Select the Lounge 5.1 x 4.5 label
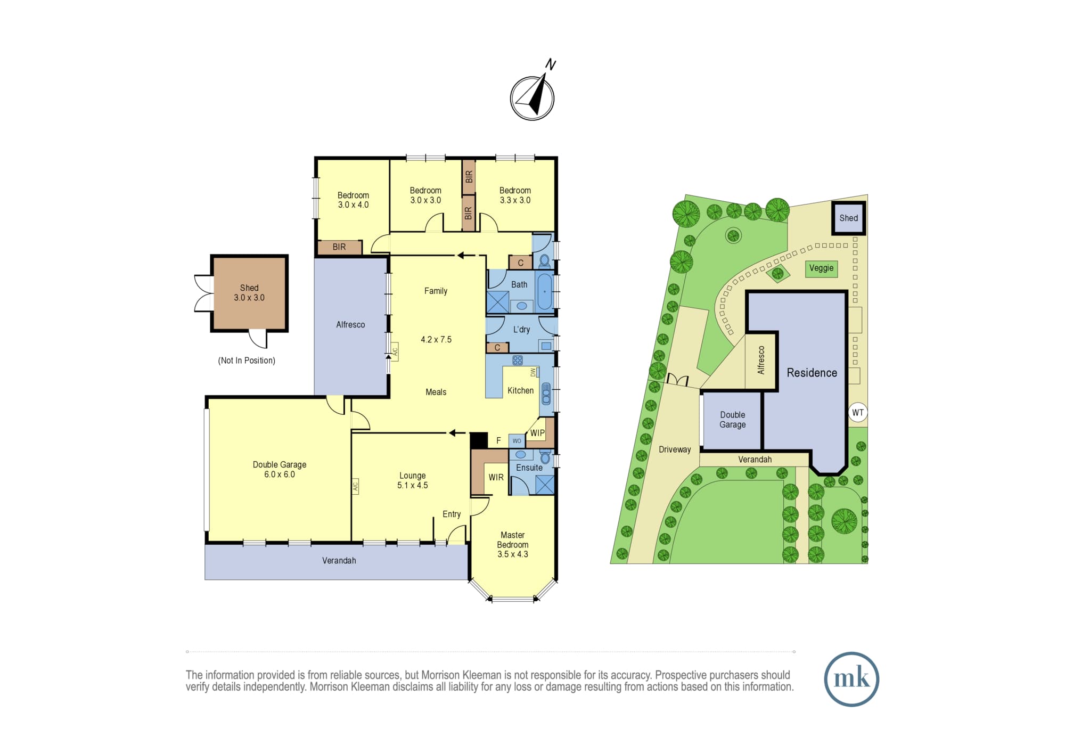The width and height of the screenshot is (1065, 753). click(x=413, y=480)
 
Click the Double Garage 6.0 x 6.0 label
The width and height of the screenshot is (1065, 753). click(x=280, y=469)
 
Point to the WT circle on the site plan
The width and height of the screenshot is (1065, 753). click(x=857, y=412)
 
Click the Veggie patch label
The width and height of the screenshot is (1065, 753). click(x=821, y=268)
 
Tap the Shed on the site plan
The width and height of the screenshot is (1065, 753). click(x=848, y=218)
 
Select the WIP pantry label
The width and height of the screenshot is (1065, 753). click(x=537, y=433)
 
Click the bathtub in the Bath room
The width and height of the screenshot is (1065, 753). click(x=544, y=291)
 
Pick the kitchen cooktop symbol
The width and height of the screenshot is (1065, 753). click(x=517, y=361)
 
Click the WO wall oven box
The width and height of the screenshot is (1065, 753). click(x=517, y=441)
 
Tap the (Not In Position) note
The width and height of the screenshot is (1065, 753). click(x=247, y=361)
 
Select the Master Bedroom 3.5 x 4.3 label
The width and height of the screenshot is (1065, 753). click(x=513, y=544)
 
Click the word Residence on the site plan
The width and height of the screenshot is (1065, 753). click(x=812, y=373)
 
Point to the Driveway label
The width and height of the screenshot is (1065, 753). click(x=675, y=449)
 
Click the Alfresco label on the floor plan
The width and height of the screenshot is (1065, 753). click(x=350, y=324)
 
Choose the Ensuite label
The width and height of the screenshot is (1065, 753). click(x=529, y=468)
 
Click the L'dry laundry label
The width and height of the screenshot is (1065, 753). click(x=521, y=329)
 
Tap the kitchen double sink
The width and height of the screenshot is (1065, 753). click(x=546, y=394)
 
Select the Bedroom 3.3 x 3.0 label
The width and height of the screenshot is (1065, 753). click(x=515, y=195)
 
